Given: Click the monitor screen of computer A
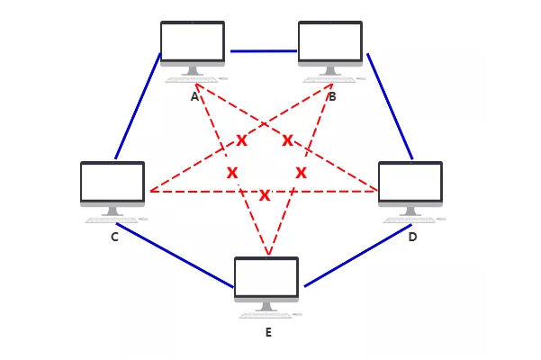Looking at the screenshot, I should click(193, 40).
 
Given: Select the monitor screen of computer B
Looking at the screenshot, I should click(330, 40).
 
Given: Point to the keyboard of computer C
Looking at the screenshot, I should click(113, 219).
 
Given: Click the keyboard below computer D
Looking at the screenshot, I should click(410, 219).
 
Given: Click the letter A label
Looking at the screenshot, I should click(194, 96).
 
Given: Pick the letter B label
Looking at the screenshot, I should click(332, 96).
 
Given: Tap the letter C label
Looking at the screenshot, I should click(114, 238).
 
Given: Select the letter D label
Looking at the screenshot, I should click(412, 238).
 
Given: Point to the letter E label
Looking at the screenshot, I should click(268, 333).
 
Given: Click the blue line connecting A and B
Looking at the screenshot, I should click(263, 50).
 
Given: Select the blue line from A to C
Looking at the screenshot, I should click(138, 106).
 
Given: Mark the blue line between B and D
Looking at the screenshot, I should click(390, 106).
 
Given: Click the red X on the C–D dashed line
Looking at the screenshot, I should click(265, 195).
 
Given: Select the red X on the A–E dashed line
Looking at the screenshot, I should click(232, 172).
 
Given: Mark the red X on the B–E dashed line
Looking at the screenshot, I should click(301, 172).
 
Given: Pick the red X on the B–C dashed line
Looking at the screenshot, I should click(241, 139).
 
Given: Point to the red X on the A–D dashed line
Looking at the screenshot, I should click(287, 139).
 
